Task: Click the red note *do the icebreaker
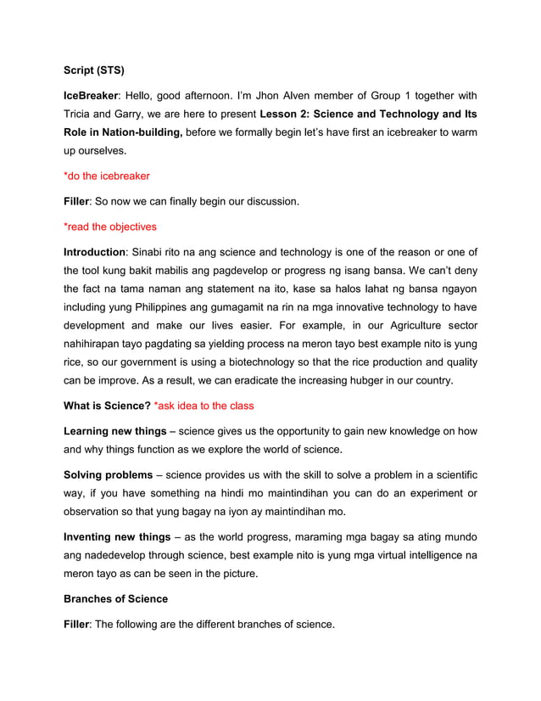point(107,177)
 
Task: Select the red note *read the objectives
point(110,227)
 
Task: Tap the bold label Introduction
point(94,252)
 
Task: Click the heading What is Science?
point(107,406)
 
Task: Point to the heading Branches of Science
point(115,599)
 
